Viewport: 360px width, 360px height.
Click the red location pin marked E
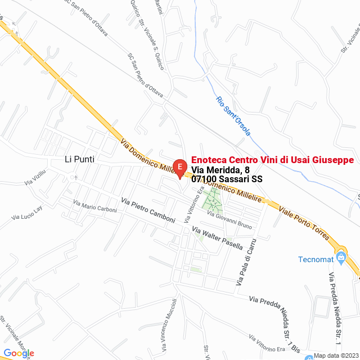[x=179, y=168]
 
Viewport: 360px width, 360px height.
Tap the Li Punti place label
[x=79, y=160]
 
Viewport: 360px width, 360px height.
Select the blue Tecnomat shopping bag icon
[x=340, y=258]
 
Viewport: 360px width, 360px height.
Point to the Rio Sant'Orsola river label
[x=233, y=116]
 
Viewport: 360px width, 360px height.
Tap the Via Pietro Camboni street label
[x=148, y=210]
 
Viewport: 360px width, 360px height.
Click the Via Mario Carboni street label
[x=95, y=206]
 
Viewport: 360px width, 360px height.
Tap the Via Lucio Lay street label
[x=28, y=213]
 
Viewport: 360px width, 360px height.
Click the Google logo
[x=19, y=353]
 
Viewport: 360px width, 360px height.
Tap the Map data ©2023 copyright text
[x=335, y=355]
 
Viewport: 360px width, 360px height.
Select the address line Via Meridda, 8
[x=220, y=170]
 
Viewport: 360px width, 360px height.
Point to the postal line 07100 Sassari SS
[x=227, y=179]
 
